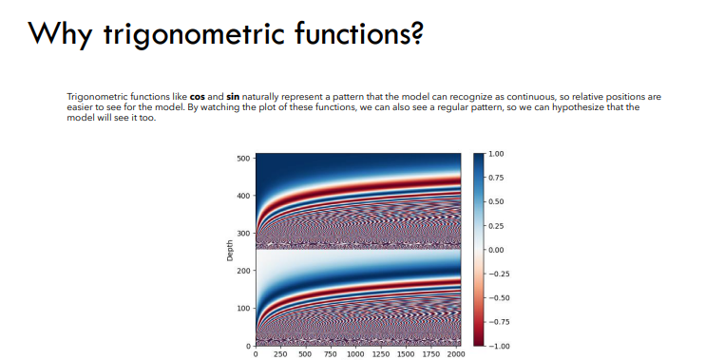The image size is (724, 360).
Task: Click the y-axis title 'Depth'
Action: (x=230, y=251)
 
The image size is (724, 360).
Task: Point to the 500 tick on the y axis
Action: (x=243, y=158)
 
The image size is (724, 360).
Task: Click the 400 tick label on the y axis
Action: (x=243, y=196)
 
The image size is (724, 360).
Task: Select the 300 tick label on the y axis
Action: (x=243, y=233)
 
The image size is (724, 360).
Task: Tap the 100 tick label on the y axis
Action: (x=243, y=308)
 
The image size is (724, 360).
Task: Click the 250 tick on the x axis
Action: (x=280, y=353)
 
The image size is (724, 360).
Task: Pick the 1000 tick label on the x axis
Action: (x=356, y=353)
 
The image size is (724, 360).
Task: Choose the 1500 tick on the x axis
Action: (x=408, y=353)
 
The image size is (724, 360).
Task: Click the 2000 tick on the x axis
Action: (x=457, y=353)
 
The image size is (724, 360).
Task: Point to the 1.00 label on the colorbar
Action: (x=496, y=153)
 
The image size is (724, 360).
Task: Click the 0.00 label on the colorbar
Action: (x=496, y=249)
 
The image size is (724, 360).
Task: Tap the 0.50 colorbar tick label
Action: (x=496, y=201)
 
